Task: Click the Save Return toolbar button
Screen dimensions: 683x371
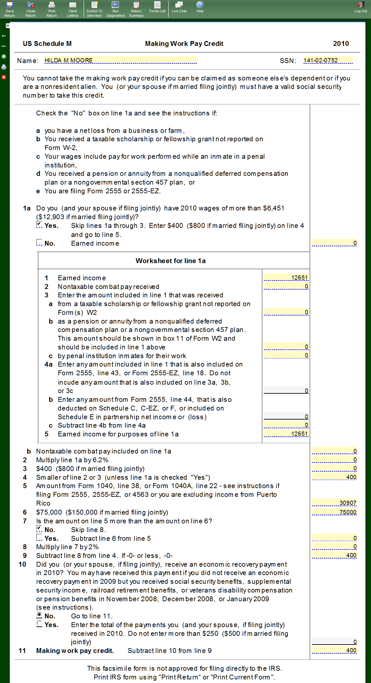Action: [10, 9]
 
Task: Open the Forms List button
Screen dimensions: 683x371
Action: [157, 7]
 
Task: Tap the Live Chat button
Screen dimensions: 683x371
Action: [179, 7]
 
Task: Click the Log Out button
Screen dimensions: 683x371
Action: [361, 7]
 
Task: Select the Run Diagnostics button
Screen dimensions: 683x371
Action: [115, 9]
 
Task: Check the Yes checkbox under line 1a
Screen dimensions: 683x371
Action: [39, 225]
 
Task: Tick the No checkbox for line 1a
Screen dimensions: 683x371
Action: [39, 242]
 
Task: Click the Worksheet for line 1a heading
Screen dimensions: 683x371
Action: [171, 261]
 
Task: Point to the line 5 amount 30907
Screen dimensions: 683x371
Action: [334, 503]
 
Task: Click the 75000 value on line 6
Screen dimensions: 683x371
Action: [334, 512]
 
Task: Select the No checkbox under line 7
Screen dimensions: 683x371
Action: [39, 529]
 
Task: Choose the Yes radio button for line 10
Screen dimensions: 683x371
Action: [39, 624]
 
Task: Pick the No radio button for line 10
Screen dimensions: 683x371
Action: [39, 615]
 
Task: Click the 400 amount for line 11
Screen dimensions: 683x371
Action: [334, 650]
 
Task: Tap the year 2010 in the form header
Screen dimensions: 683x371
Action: [341, 44]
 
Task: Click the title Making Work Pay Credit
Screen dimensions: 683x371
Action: [184, 44]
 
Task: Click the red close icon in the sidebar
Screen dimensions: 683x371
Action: [4, 77]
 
